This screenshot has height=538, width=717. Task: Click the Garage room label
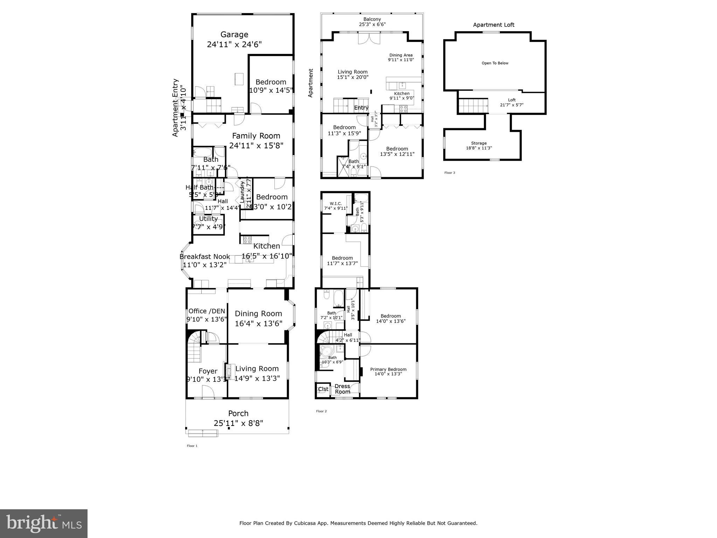coord(234,34)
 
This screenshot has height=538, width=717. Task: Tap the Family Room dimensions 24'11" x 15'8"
coord(256,145)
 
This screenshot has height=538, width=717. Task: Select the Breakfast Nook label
coord(204,256)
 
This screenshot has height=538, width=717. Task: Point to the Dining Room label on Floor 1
coord(258,313)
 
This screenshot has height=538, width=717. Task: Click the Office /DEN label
coord(207,311)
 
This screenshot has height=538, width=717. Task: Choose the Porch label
coord(238,413)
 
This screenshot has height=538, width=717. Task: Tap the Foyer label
coord(208,371)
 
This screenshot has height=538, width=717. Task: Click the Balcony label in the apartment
coord(372,19)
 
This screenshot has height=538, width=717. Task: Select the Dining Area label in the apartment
coord(401,55)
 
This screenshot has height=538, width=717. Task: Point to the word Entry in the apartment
coord(361,108)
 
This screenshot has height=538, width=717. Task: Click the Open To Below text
coord(495,63)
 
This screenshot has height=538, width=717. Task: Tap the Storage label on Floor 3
coord(479,143)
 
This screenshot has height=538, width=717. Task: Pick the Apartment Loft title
coord(494,25)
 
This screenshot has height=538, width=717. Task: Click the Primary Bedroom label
coord(388,369)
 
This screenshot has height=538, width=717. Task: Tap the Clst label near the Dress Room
coord(323,389)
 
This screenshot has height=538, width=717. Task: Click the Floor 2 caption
coord(321,411)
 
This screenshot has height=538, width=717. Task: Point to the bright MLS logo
coord(43,523)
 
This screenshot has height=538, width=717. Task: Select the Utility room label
coord(208,219)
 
